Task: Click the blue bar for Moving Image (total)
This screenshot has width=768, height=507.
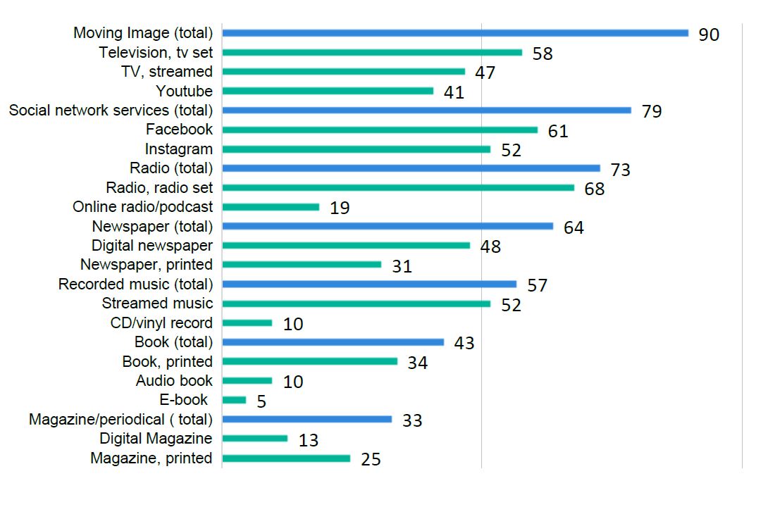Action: coord(455,33)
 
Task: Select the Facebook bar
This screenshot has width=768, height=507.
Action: coord(380,130)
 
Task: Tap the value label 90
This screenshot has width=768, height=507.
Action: coord(709,35)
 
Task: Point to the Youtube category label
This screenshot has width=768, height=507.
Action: coord(184,91)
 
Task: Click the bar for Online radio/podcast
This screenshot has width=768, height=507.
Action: coord(271,207)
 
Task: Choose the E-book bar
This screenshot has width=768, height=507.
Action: coord(235,400)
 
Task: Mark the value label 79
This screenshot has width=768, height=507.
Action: coord(652,111)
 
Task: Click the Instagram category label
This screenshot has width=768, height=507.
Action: coord(178,149)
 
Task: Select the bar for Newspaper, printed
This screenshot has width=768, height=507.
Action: coord(302,265)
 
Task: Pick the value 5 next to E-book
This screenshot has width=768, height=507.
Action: coord(261,401)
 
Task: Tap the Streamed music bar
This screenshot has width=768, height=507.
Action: coord(357,303)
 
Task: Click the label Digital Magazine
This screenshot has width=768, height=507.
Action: coord(162,439)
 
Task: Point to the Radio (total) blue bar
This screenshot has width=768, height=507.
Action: coord(411,168)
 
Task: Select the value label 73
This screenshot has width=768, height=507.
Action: coord(620,170)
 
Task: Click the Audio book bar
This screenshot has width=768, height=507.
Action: coord(247,381)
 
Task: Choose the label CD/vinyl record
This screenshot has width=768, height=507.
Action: coord(157,323)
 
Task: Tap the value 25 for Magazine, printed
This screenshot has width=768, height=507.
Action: coord(371,460)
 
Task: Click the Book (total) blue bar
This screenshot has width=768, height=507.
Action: coord(333,342)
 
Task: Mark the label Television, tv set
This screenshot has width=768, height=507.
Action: coord(156,52)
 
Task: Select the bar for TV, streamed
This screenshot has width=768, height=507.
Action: coord(344,72)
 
